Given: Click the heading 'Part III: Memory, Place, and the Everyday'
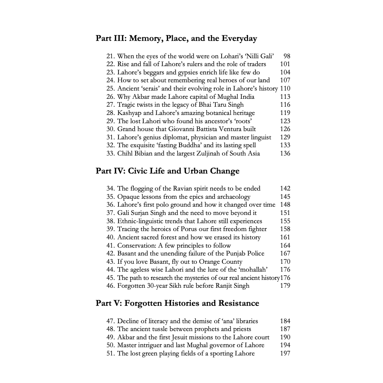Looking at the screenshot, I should [x=176, y=39].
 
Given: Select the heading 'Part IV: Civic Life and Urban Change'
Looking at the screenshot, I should [x=167, y=171].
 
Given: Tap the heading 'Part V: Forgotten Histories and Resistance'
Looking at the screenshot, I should [x=177, y=303].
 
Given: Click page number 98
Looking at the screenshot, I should [x=287, y=56].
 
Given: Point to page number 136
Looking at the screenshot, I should [x=285, y=154].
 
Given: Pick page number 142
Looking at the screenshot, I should [x=285, y=189].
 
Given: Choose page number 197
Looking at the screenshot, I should [x=285, y=353].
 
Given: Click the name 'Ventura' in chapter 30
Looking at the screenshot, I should [x=244, y=129].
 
